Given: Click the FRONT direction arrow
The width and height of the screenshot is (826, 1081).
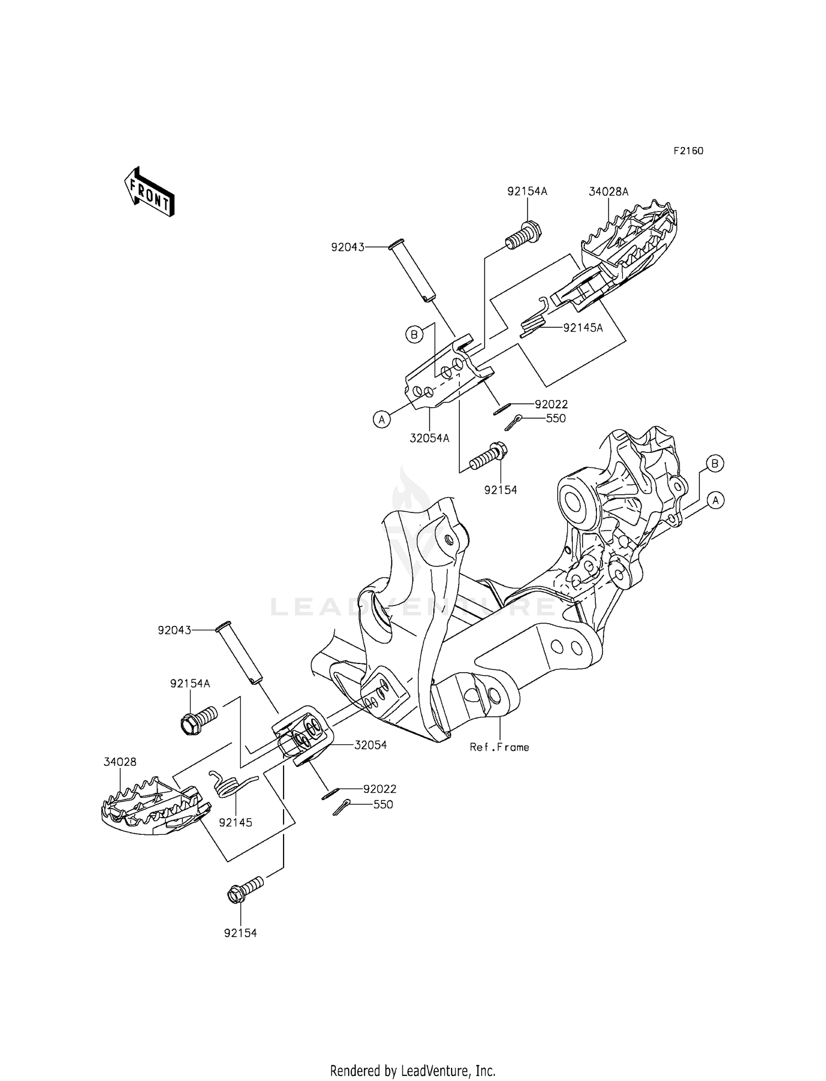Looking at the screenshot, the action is point(149,192).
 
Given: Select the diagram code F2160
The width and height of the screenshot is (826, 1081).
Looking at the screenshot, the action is point(688,151).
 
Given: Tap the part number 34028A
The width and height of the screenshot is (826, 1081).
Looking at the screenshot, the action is point(608,192).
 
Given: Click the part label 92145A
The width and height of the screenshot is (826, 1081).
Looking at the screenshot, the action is point(583,328).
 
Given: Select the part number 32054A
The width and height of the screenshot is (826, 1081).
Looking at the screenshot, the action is point(430,438).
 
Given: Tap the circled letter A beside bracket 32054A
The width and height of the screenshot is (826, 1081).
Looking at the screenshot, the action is point(381,420).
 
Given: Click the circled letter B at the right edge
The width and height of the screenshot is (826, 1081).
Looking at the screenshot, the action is point(715,463).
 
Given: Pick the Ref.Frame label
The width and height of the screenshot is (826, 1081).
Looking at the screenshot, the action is point(499,747).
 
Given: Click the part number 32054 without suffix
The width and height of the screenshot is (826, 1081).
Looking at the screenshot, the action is point(371,745).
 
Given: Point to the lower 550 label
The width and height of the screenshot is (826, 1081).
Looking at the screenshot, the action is point(383,804).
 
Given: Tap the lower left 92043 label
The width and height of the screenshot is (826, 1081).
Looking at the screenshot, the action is point(175,630).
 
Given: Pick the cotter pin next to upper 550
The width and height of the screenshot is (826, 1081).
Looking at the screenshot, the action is point(513,423).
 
